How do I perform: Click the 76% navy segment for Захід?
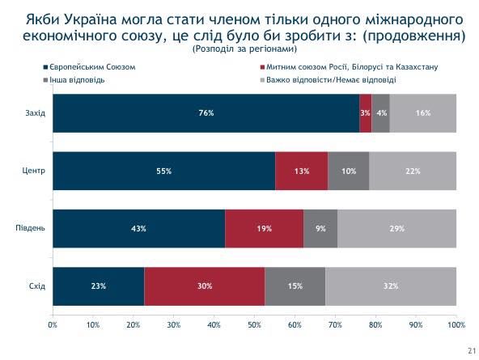click(206, 113)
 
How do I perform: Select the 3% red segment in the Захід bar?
click(366, 113)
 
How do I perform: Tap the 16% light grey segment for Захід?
click(423, 113)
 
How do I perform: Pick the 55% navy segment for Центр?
click(163, 171)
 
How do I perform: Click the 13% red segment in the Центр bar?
click(302, 171)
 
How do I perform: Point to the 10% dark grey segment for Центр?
click(349, 171)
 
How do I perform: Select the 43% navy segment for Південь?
click(138, 229)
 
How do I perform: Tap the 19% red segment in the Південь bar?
click(264, 229)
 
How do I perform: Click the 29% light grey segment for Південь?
click(397, 229)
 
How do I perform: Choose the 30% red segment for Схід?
click(205, 286)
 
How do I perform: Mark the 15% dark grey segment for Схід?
click(295, 286)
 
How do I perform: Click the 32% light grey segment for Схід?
click(392, 286)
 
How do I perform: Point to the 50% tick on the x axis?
click(254, 324)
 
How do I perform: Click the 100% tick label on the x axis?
click(456, 324)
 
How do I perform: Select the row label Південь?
click(31, 229)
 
